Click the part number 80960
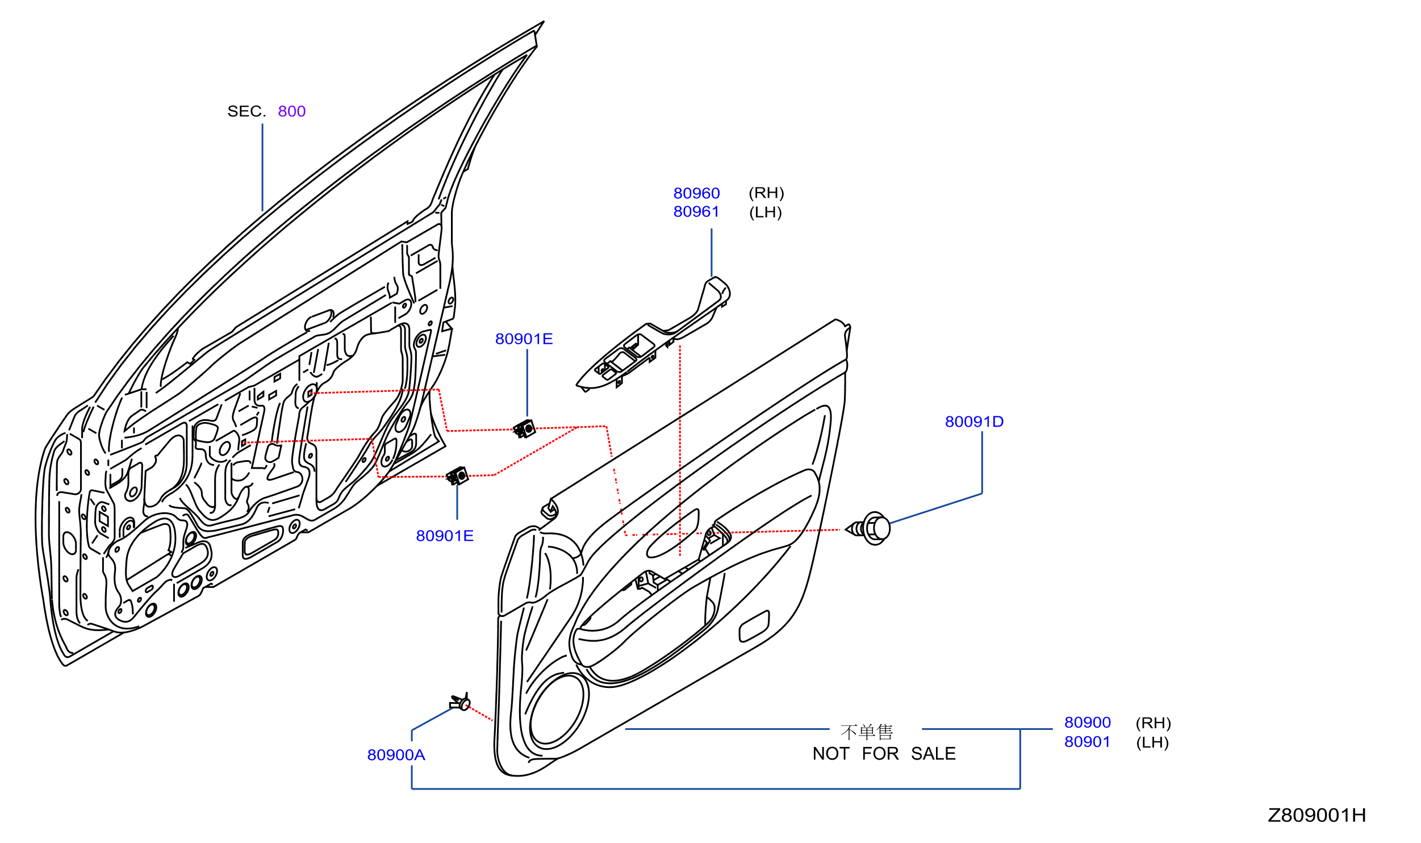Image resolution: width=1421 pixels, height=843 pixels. (696, 194)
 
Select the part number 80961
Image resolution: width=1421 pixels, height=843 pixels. (696, 212)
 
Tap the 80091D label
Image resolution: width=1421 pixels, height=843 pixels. (974, 421)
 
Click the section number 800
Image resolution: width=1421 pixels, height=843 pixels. (291, 111)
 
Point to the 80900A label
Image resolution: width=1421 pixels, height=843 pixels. (396, 755)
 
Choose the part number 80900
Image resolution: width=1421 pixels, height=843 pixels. (1088, 723)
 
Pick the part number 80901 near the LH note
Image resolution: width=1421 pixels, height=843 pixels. (1087, 742)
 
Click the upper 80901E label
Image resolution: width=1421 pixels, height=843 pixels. (524, 339)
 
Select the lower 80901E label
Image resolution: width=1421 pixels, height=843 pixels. (445, 536)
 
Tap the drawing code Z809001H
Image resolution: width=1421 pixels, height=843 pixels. (1316, 816)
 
